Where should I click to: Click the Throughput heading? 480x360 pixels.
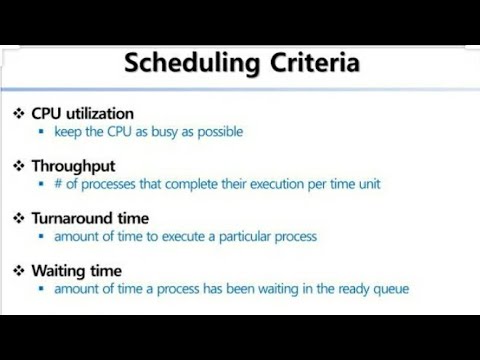pyautogui.click(x=74, y=165)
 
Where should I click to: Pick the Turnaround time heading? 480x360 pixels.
pyautogui.click(x=90, y=217)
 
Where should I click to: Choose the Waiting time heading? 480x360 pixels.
pyautogui.click(x=77, y=270)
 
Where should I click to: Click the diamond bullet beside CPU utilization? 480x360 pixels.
pyautogui.click(x=18, y=113)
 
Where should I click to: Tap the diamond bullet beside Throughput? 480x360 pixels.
pyautogui.click(x=18, y=165)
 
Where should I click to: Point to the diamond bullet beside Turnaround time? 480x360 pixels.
pyautogui.click(x=18, y=217)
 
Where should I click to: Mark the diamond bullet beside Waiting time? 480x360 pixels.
pyautogui.click(x=18, y=270)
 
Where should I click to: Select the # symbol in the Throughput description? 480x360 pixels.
pyautogui.click(x=59, y=184)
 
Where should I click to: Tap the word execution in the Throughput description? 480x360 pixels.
pyautogui.click(x=271, y=184)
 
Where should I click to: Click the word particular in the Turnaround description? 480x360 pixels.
pyautogui.click(x=234, y=237)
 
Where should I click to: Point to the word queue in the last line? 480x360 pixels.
pyautogui.click(x=388, y=289)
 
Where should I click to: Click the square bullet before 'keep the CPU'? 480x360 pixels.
pyautogui.click(x=41, y=132)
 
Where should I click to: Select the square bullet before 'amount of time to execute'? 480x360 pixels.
pyautogui.click(x=41, y=237)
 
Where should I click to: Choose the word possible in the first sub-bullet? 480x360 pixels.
pyautogui.click(x=218, y=132)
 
